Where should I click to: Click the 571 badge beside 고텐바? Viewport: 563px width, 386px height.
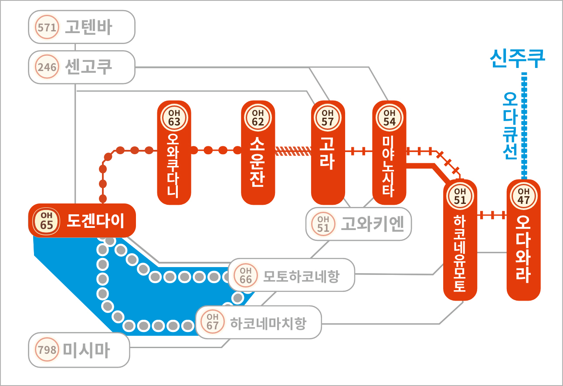[47, 27]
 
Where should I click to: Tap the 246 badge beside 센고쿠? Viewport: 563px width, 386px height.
[47, 68]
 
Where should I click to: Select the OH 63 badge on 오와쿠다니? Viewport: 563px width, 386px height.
[174, 118]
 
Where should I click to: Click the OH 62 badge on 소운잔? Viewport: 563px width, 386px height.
[258, 118]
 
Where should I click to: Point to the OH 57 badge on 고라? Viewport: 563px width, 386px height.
[328, 118]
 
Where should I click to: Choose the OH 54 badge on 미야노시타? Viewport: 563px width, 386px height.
[389, 118]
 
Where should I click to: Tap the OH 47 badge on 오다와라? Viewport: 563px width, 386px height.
[523, 196]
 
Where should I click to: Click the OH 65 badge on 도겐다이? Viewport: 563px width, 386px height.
[47, 220]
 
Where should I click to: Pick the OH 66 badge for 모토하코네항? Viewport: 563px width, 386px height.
[246, 275]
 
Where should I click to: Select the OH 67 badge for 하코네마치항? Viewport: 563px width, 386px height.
[213, 322]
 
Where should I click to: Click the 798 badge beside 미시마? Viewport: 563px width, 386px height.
[47, 350]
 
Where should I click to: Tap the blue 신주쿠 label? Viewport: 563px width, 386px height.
[518, 58]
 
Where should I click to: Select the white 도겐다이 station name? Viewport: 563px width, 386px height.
[95, 221]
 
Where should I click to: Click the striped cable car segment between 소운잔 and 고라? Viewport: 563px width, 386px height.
[293, 151]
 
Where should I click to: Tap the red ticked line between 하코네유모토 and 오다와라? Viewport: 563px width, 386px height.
[492, 215]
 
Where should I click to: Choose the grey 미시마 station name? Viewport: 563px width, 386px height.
[87, 350]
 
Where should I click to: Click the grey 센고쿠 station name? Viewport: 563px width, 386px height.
[88, 67]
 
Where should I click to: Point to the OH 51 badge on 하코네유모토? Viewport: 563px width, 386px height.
[460, 196]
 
